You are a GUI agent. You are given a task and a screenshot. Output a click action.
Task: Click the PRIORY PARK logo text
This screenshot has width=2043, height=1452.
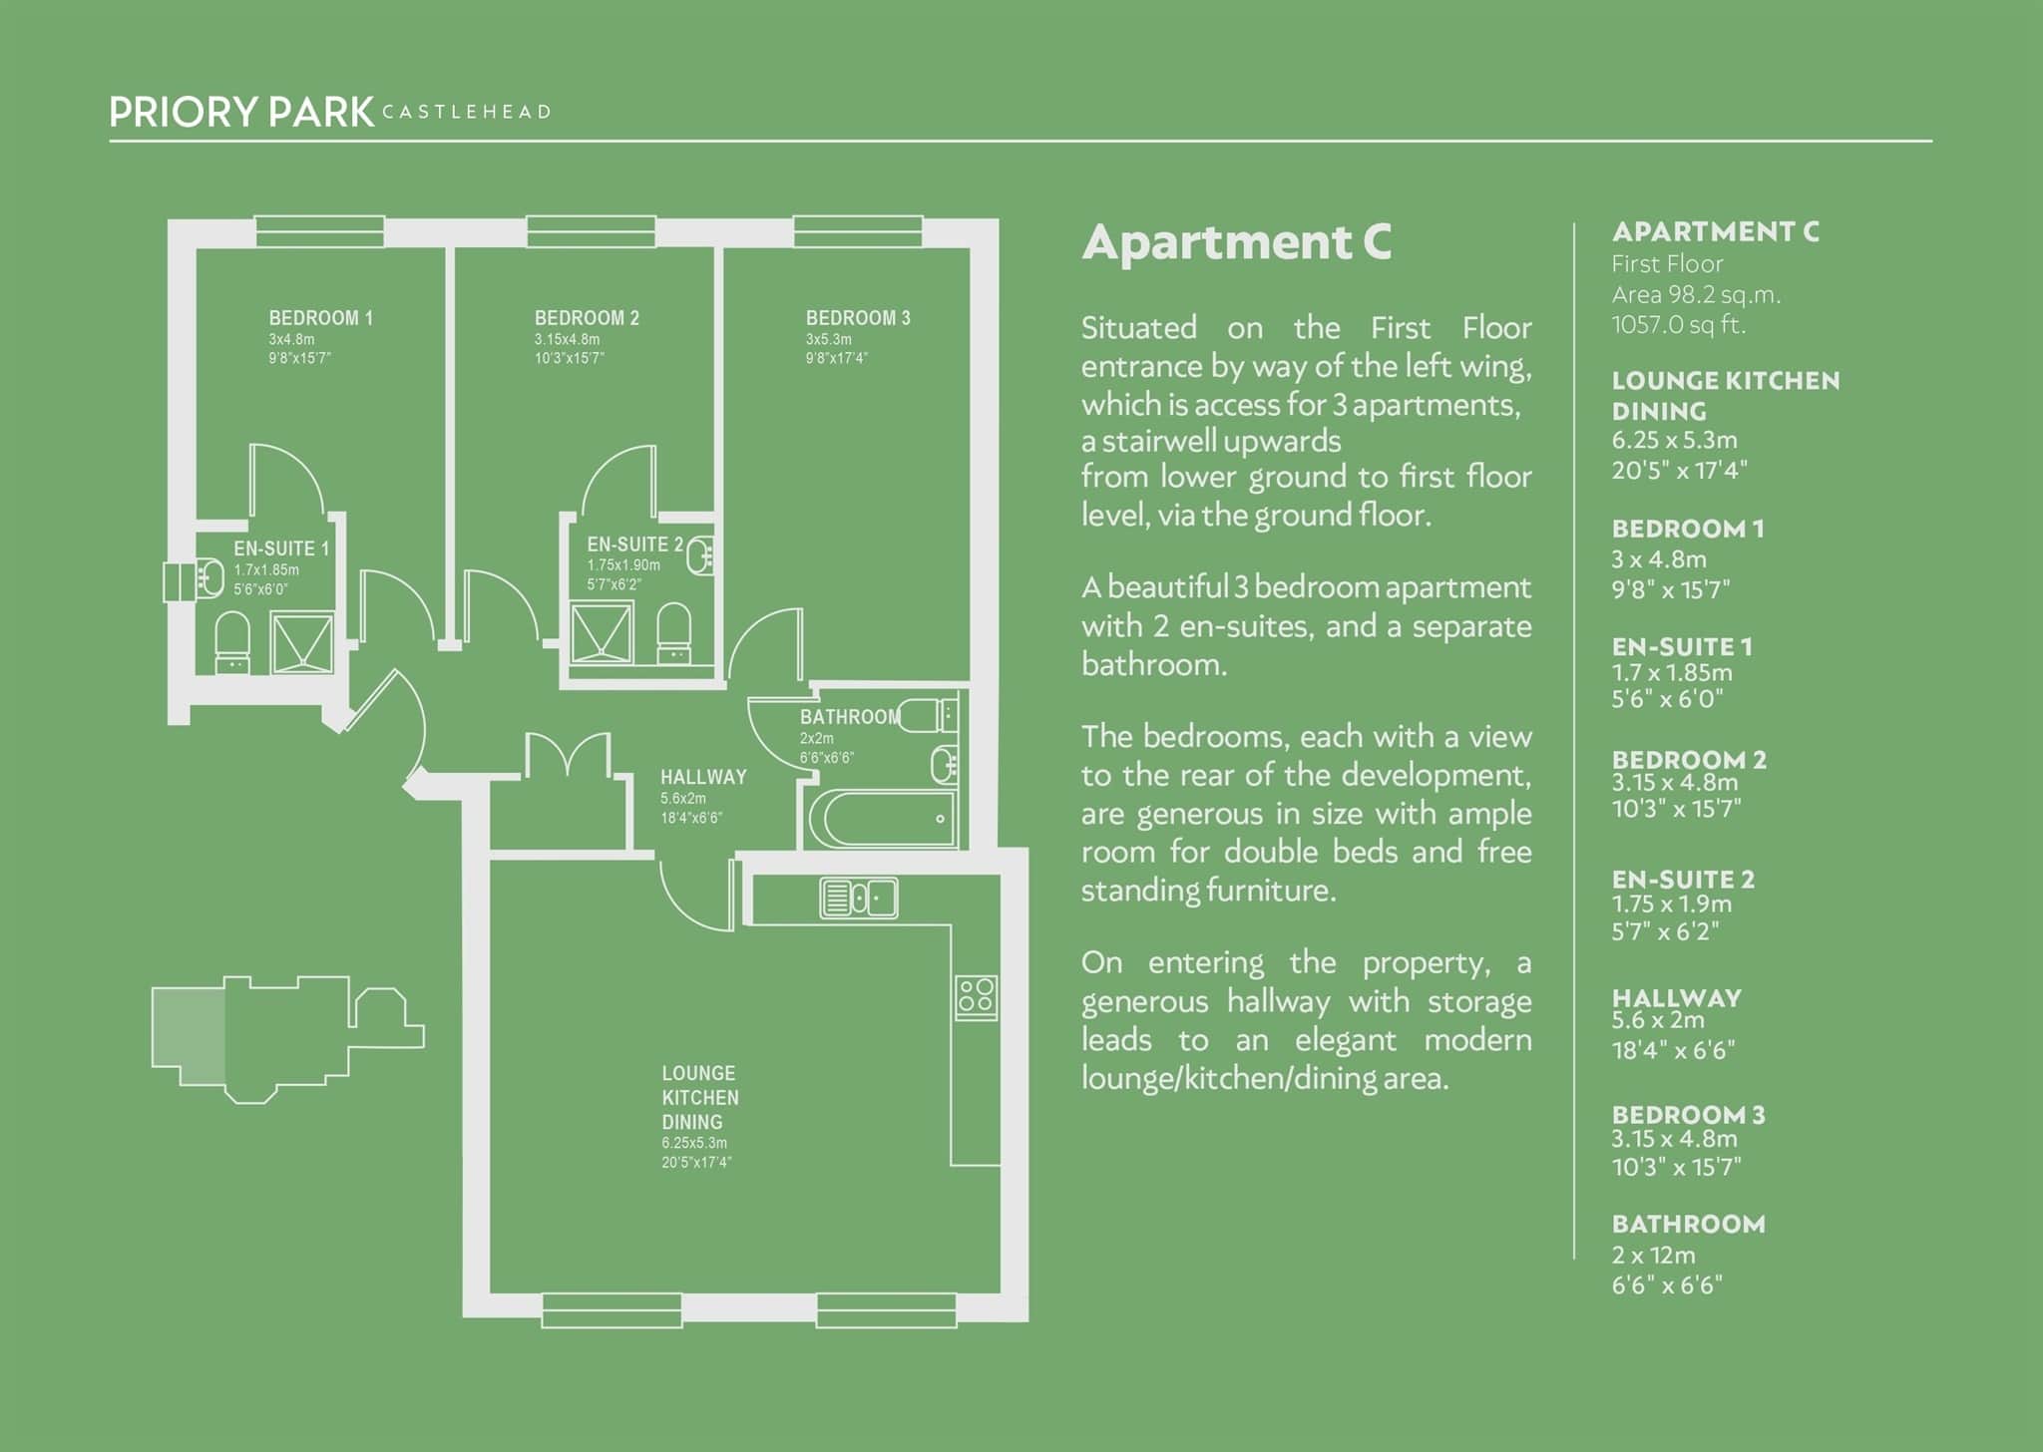click(241, 112)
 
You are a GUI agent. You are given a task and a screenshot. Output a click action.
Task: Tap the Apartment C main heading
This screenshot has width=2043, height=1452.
click(1236, 242)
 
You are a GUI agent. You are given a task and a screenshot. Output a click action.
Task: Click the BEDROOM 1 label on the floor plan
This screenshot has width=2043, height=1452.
click(320, 318)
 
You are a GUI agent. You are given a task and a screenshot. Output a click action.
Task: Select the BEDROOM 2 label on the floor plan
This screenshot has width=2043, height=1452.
click(587, 318)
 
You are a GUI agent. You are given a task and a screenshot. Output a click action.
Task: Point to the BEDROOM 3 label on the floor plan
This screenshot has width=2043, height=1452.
click(858, 318)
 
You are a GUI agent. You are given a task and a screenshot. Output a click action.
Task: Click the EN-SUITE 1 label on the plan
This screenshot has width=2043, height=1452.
click(281, 548)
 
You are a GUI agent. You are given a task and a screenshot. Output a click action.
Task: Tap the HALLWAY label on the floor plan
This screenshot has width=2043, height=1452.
click(703, 777)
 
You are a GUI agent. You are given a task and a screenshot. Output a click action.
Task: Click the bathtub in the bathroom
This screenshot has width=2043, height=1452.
click(882, 819)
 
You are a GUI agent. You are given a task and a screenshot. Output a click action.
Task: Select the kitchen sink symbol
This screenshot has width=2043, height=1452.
click(858, 897)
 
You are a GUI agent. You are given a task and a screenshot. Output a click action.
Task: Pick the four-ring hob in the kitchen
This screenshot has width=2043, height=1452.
click(976, 996)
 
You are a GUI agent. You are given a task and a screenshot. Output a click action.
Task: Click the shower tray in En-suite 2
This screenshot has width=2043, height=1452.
click(601, 632)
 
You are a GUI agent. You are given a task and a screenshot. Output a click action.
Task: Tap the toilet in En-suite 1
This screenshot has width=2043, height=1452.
click(232, 642)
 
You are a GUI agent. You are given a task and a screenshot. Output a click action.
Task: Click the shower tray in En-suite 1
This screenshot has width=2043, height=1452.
click(302, 643)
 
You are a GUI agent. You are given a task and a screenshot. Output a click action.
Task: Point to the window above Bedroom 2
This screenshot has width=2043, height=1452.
click(591, 231)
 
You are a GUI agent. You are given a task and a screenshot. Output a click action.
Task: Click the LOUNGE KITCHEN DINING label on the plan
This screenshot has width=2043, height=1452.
click(700, 1097)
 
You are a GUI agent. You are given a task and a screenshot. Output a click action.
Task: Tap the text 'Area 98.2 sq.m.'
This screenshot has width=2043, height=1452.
click(1696, 295)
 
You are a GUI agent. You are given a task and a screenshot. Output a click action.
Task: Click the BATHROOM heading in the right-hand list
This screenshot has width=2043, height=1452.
click(1688, 1224)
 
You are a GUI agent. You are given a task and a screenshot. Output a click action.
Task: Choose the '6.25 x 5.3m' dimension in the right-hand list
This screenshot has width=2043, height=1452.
click(1674, 440)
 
